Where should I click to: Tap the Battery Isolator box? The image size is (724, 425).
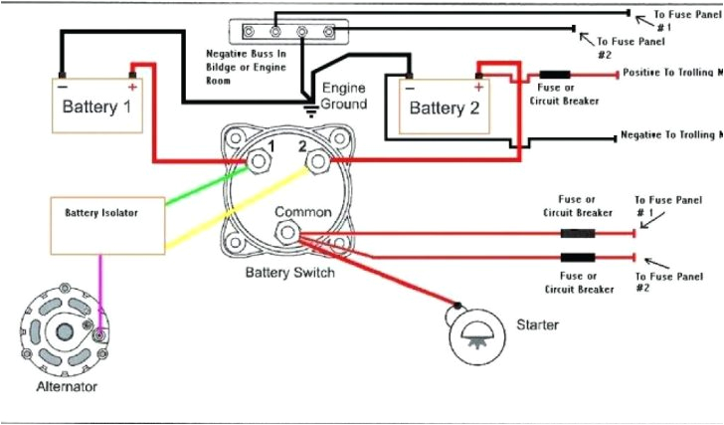click(x=107, y=225)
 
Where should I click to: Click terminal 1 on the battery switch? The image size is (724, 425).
click(x=257, y=159)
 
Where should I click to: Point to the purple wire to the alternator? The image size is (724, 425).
click(x=99, y=294)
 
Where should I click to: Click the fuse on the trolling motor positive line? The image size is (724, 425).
click(x=554, y=76)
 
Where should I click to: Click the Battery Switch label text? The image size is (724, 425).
click(x=287, y=272)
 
